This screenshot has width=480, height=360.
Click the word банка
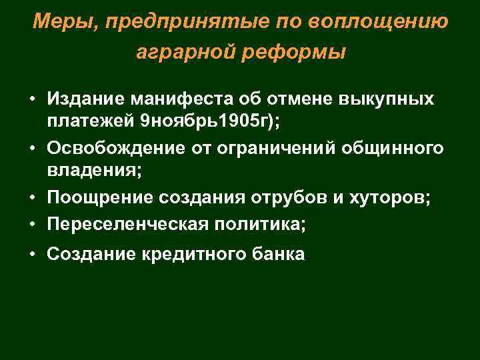point(276,254)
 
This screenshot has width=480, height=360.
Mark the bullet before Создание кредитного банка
point(31,254)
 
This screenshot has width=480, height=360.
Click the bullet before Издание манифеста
point(31,101)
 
